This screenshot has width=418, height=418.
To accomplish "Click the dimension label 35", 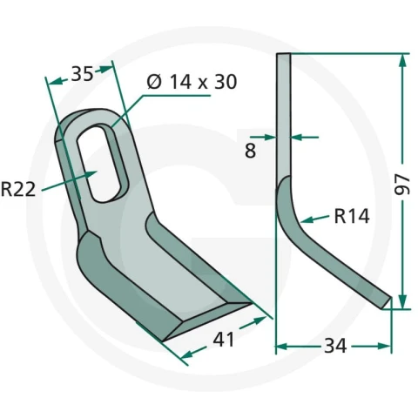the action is (x=82, y=74).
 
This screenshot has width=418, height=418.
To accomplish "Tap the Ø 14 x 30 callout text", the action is (x=192, y=82).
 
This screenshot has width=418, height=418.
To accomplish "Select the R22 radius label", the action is (x=18, y=189).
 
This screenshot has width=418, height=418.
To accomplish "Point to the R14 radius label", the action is (x=352, y=216).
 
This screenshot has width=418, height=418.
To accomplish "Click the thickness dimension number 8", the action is (x=251, y=151).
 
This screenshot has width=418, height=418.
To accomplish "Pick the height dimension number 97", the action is (x=402, y=185).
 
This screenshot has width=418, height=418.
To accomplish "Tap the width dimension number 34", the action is (x=335, y=346).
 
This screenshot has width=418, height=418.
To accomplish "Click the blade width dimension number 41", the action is (x=224, y=340).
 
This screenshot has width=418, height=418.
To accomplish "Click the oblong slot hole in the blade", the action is (x=102, y=163).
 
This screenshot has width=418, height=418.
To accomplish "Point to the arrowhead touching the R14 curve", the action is (x=307, y=219).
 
